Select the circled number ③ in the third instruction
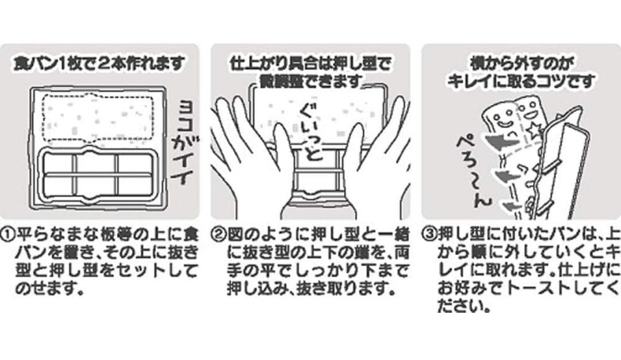pos(429,235)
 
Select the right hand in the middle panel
pos(372,158)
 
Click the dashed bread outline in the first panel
pos(98,95)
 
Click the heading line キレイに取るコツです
pos(521,82)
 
